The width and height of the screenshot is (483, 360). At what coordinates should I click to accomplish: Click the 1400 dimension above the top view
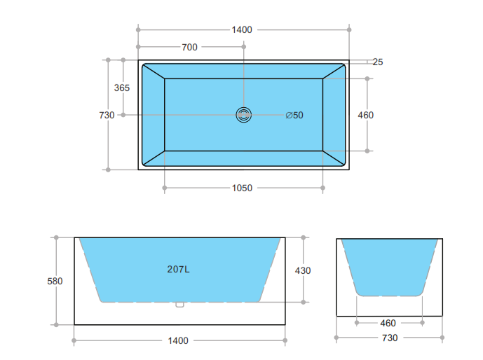pos(242,30)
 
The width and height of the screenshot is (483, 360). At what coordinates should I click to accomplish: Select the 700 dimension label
pos(189,47)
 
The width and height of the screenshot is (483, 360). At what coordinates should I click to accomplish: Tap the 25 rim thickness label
pos(378,62)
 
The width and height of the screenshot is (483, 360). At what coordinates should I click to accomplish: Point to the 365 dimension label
pos(122,88)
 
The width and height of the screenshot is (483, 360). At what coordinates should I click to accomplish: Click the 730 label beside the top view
pos(107,115)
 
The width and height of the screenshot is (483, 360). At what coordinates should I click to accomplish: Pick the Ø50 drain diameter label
pos(294,115)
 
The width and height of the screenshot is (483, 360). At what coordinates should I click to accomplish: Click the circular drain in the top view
pos(244,115)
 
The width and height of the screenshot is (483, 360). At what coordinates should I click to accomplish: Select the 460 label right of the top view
pos(366,115)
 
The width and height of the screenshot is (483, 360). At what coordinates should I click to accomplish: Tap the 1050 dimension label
pos(242,188)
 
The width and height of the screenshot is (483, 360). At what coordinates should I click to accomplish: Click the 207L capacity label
pos(178,269)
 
